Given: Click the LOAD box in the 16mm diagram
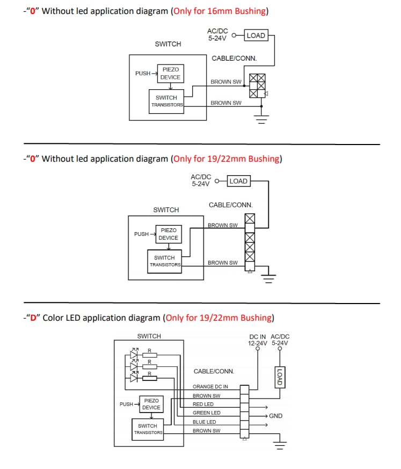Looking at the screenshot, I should [x=256, y=35].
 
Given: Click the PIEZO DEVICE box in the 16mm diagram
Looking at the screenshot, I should [x=170, y=74].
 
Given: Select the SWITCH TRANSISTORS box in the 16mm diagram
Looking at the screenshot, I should [x=166, y=101].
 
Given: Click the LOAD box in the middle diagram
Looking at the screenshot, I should [x=238, y=181].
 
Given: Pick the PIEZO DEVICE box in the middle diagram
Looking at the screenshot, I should [x=169, y=234].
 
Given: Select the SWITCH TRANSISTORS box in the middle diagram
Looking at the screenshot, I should [x=165, y=261].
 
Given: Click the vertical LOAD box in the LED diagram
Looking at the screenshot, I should [x=279, y=377].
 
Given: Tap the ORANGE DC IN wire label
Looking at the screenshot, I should [x=210, y=386].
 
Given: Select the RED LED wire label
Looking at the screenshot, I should [x=203, y=404].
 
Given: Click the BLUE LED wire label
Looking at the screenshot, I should [x=205, y=422].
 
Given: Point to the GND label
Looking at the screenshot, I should [x=275, y=416].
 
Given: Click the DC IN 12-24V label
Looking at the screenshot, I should [x=257, y=340].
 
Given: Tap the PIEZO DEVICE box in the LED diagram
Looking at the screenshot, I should [x=151, y=404].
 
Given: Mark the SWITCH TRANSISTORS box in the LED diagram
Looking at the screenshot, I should [x=148, y=429].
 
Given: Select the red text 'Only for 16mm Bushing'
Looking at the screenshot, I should [x=220, y=11].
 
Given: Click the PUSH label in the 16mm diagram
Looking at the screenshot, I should [x=143, y=74].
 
